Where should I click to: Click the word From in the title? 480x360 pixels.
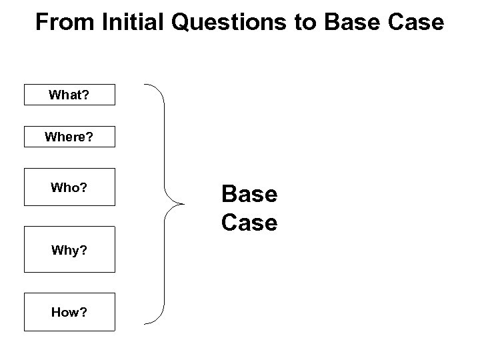65,23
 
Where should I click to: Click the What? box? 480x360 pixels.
70,95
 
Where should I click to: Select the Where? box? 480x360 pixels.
70,137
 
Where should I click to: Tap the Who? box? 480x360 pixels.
70,188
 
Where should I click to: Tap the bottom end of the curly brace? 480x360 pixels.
146,323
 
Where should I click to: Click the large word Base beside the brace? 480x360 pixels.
249,195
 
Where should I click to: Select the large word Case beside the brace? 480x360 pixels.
249,223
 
